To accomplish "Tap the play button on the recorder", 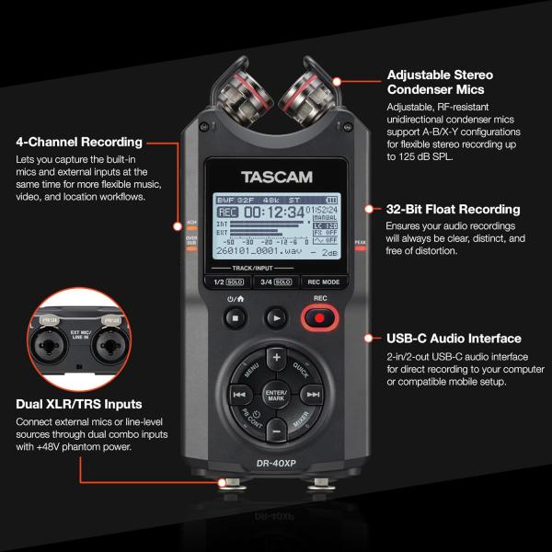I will tap(275, 318).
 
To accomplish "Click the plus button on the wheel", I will tap(275, 356).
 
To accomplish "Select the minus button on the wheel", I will tap(275, 430).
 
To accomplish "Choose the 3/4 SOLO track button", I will tap(275, 282).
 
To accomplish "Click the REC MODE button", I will tap(323, 282).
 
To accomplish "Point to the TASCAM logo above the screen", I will tap(276, 177).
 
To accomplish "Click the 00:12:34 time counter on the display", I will tap(274, 212).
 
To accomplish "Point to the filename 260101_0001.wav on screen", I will tap(260, 248).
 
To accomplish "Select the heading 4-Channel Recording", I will tap(79, 142).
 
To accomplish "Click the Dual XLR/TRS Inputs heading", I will tap(78, 403).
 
